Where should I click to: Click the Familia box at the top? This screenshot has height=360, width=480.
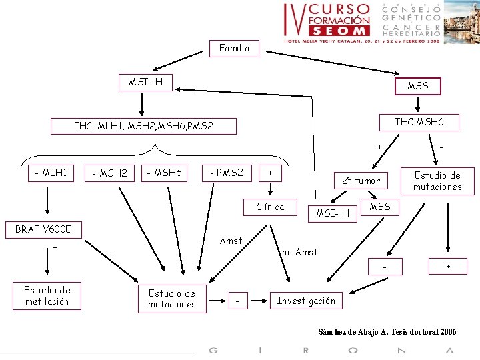click(234, 48)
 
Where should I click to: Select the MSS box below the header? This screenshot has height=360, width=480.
click(418, 86)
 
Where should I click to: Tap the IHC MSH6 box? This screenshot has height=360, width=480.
click(418, 122)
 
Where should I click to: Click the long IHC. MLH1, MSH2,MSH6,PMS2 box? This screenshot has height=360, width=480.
click(144, 125)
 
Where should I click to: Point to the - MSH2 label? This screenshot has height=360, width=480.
click(109, 174)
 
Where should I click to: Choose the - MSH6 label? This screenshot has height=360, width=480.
click(164, 173)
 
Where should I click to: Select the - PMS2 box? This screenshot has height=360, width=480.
click(227, 173)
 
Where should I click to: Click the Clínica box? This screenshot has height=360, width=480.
click(270, 207)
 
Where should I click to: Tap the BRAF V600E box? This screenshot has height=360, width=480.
click(43, 229)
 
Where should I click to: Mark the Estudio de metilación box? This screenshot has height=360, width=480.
click(47, 295)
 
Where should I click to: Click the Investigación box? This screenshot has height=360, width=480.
click(306, 301)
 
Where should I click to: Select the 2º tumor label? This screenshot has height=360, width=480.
click(361, 181)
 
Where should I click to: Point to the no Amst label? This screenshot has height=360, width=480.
click(300, 252)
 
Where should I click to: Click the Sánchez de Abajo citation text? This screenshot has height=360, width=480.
click(387, 332)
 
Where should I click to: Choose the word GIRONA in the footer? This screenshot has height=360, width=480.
click(331, 351)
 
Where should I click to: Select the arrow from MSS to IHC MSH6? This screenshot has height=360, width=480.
click(418, 103)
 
